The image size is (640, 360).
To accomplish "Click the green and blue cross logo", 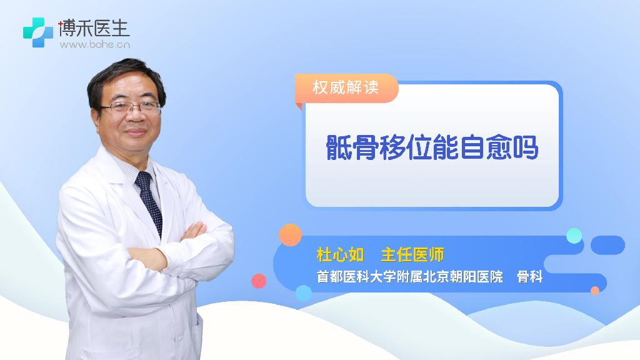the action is point(38,32).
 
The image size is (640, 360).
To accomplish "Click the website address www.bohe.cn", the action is point(95,44).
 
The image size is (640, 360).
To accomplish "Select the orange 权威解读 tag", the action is point(346,87).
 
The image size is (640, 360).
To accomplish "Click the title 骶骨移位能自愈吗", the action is point(432,147).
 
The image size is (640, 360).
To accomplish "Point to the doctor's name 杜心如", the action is point(340,255).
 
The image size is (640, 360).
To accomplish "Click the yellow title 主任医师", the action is point(412,255).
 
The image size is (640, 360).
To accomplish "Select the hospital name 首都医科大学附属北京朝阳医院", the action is point(410,277).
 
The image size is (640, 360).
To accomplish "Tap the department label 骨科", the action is point(529,277).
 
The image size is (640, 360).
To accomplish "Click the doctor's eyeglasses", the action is point(130,107).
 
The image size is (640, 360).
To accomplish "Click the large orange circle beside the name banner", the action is point(290,235).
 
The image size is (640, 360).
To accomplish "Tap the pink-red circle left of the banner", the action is point(259,281).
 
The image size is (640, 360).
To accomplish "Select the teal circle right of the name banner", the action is point(574,236).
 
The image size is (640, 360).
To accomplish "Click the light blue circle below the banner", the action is point(303,293).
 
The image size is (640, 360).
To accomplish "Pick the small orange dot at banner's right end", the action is point(595,291).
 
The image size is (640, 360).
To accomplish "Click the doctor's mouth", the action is point(136,131).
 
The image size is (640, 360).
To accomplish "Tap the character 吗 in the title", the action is point(526,147).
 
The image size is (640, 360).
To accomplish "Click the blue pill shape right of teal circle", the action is point(607,245).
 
